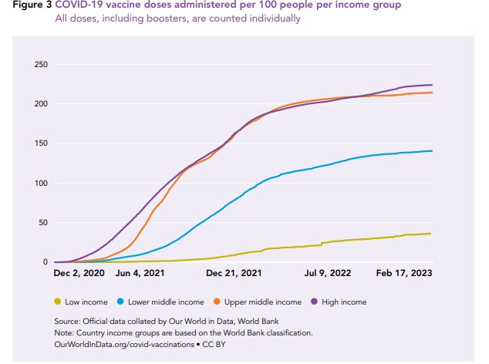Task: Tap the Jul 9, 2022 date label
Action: tap(328, 273)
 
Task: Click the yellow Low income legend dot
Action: tap(58, 302)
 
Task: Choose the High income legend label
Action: tap(344, 302)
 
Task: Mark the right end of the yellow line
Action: tap(430, 234)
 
